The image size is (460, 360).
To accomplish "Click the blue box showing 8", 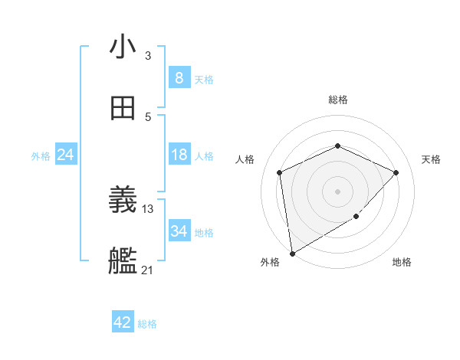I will click(179, 77).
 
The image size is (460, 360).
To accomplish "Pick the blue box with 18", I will click(179, 155).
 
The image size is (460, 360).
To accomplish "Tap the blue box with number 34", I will click(179, 231).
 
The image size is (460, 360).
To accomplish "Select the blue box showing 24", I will click(65, 155).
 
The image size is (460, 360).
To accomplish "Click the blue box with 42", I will click(123, 322).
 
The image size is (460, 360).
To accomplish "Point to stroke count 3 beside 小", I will click(148, 55).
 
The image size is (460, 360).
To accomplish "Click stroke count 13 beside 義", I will click(148, 208).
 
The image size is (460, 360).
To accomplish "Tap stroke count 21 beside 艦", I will click(148, 270).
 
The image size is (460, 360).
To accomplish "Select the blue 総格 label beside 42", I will click(147, 324).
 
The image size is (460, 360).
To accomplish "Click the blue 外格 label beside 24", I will click(41, 156).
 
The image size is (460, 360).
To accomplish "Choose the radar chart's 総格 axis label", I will click(337, 100).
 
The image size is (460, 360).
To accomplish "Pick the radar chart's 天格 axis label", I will click(431, 159).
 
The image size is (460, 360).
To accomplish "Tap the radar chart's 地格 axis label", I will click(402, 263).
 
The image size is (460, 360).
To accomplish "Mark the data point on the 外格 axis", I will click(292, 253).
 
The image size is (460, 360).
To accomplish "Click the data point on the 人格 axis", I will click(280, 172).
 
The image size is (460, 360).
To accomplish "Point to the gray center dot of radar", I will click(337, 191).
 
